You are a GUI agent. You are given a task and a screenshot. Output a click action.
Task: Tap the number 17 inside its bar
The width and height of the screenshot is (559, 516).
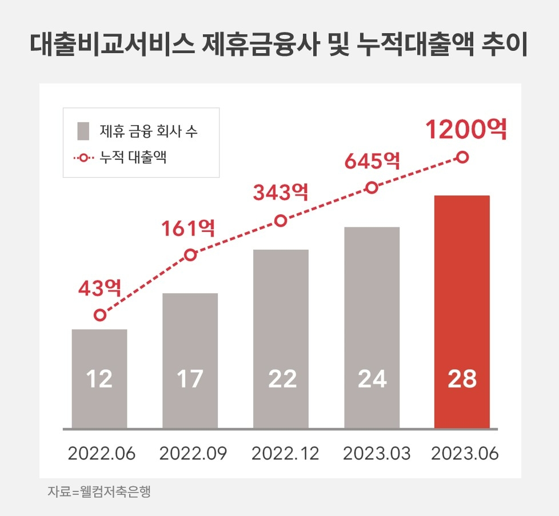[x=190, y=379]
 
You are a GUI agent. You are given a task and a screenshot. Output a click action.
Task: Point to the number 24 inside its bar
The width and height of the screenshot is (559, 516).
[x=372, y=379]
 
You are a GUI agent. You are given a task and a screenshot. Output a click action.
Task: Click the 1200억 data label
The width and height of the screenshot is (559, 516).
[x=466, y=130]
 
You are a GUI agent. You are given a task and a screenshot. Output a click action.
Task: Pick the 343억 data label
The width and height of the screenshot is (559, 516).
[x=280, y=193]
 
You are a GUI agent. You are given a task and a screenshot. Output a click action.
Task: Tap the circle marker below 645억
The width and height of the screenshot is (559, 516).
[x=372, y=187]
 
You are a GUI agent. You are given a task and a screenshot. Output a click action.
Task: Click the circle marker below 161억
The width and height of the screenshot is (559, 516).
[x=190, y=255]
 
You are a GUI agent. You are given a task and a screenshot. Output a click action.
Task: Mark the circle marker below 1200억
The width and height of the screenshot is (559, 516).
[x=463, y=157]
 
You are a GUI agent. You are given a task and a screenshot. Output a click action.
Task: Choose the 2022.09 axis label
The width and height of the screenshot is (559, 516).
[x=193, y=454]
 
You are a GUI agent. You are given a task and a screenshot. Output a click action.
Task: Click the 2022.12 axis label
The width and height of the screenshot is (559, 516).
[x=285, y=454]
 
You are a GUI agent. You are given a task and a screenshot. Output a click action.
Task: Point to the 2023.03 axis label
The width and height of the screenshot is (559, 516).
[x=377, y=454]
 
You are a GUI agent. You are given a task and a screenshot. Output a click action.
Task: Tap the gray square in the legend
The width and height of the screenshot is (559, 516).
[x=83, y=131]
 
